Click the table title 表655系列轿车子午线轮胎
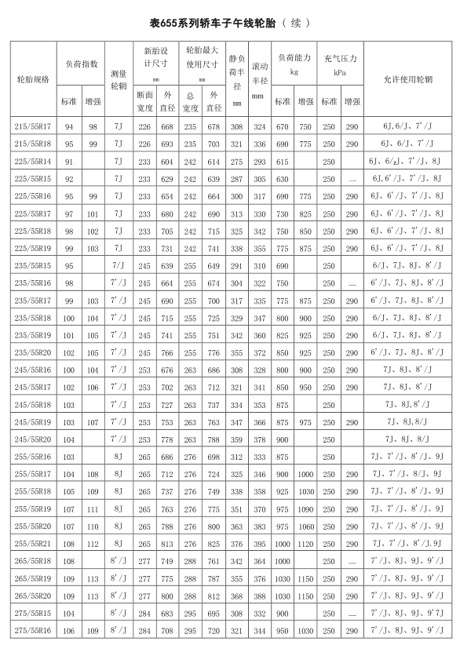click(210, 23)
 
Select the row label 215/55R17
click(33, 126)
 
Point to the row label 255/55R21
click(33, 543)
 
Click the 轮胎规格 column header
click(33, 79)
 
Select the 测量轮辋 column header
click(119, 79)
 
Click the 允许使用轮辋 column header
click(411, 79)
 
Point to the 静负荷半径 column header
click(237, 79)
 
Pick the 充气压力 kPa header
click(341, 64)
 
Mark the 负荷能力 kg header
click(294, 64)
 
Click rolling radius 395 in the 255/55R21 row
click(260, 543)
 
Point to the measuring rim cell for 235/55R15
click(119, 266)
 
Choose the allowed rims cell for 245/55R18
click(411, 404)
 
